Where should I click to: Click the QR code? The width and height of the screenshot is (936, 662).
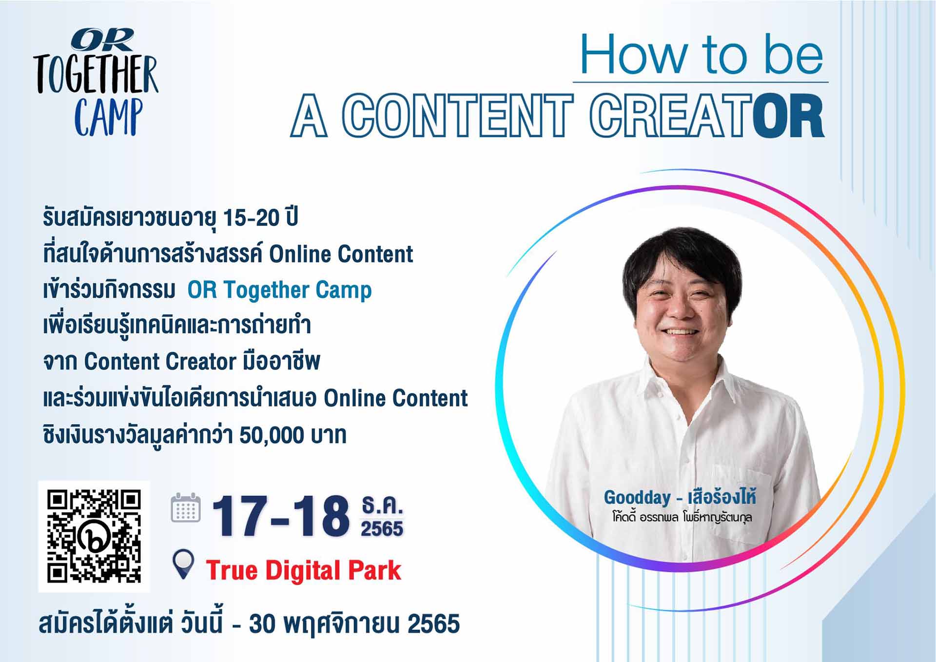(94, 537)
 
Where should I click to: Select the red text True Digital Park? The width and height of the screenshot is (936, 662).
(303, 570)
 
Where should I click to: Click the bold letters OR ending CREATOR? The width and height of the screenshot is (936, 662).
(788, 116)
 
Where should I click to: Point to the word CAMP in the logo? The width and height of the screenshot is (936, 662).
(109, 117)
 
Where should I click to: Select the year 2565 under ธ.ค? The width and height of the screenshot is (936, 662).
(382, 528)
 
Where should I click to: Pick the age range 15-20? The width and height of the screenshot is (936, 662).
(251, 218)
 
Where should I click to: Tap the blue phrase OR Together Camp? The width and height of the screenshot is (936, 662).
(279, 290)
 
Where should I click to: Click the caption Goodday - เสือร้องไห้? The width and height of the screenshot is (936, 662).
(680, 498)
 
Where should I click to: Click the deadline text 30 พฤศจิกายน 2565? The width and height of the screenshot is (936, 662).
(354, 624)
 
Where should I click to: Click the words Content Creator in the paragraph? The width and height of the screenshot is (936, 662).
(160, 362)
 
